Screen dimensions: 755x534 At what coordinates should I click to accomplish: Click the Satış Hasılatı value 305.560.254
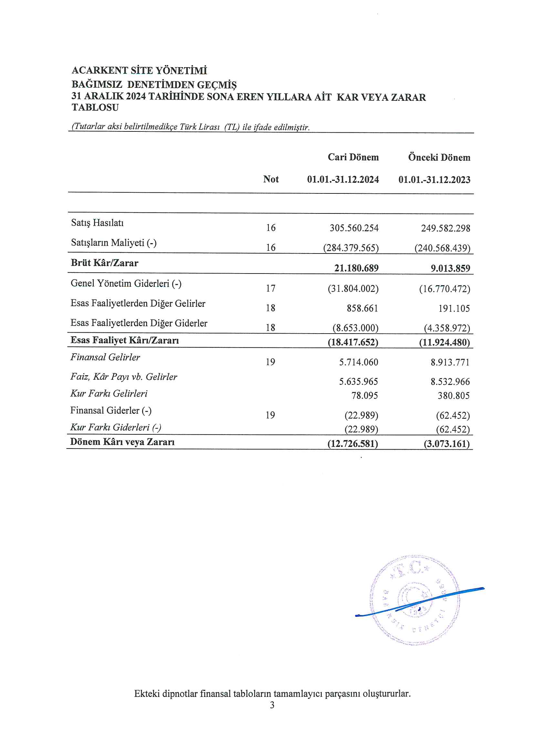click(x=354, y=228)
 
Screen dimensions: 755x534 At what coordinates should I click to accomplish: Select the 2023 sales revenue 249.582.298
click(x=445, y=228)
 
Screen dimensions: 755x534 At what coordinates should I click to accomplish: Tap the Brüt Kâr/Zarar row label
click(x=104, y=263)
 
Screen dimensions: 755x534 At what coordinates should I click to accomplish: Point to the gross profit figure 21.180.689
click(x=356, y=268)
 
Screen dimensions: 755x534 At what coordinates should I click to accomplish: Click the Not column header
click(x=271, y=179)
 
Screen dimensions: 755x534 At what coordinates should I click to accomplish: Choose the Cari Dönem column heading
click(x=353, y=157)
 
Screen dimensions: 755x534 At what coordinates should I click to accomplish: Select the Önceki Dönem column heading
click(x=439, y=157)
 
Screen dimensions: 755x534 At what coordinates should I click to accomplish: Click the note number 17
click(x=270, y=288)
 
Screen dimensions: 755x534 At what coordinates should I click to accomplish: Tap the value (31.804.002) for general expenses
click(x=353, y=289)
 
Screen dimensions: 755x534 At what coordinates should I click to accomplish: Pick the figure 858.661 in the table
click(x=362, y=308)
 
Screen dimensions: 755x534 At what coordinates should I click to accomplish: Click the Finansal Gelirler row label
click(x=105, y=357)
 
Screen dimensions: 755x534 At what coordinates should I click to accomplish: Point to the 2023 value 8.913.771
click(x=450, y=362)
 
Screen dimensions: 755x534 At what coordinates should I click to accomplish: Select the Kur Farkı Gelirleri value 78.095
click(x=364, y=395)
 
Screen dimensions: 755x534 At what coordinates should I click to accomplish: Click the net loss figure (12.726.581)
click(x=353, y=444)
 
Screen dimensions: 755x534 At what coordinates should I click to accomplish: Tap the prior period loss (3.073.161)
click(x=446, y=444)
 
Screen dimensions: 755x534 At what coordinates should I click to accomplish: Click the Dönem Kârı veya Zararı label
click(x=122, y=442)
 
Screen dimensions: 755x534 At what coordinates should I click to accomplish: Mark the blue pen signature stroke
click(x=420, y=603)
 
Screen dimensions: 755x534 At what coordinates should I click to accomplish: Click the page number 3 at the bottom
click(x=272, y=705)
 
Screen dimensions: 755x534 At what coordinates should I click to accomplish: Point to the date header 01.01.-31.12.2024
click(x=343, y=180)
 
